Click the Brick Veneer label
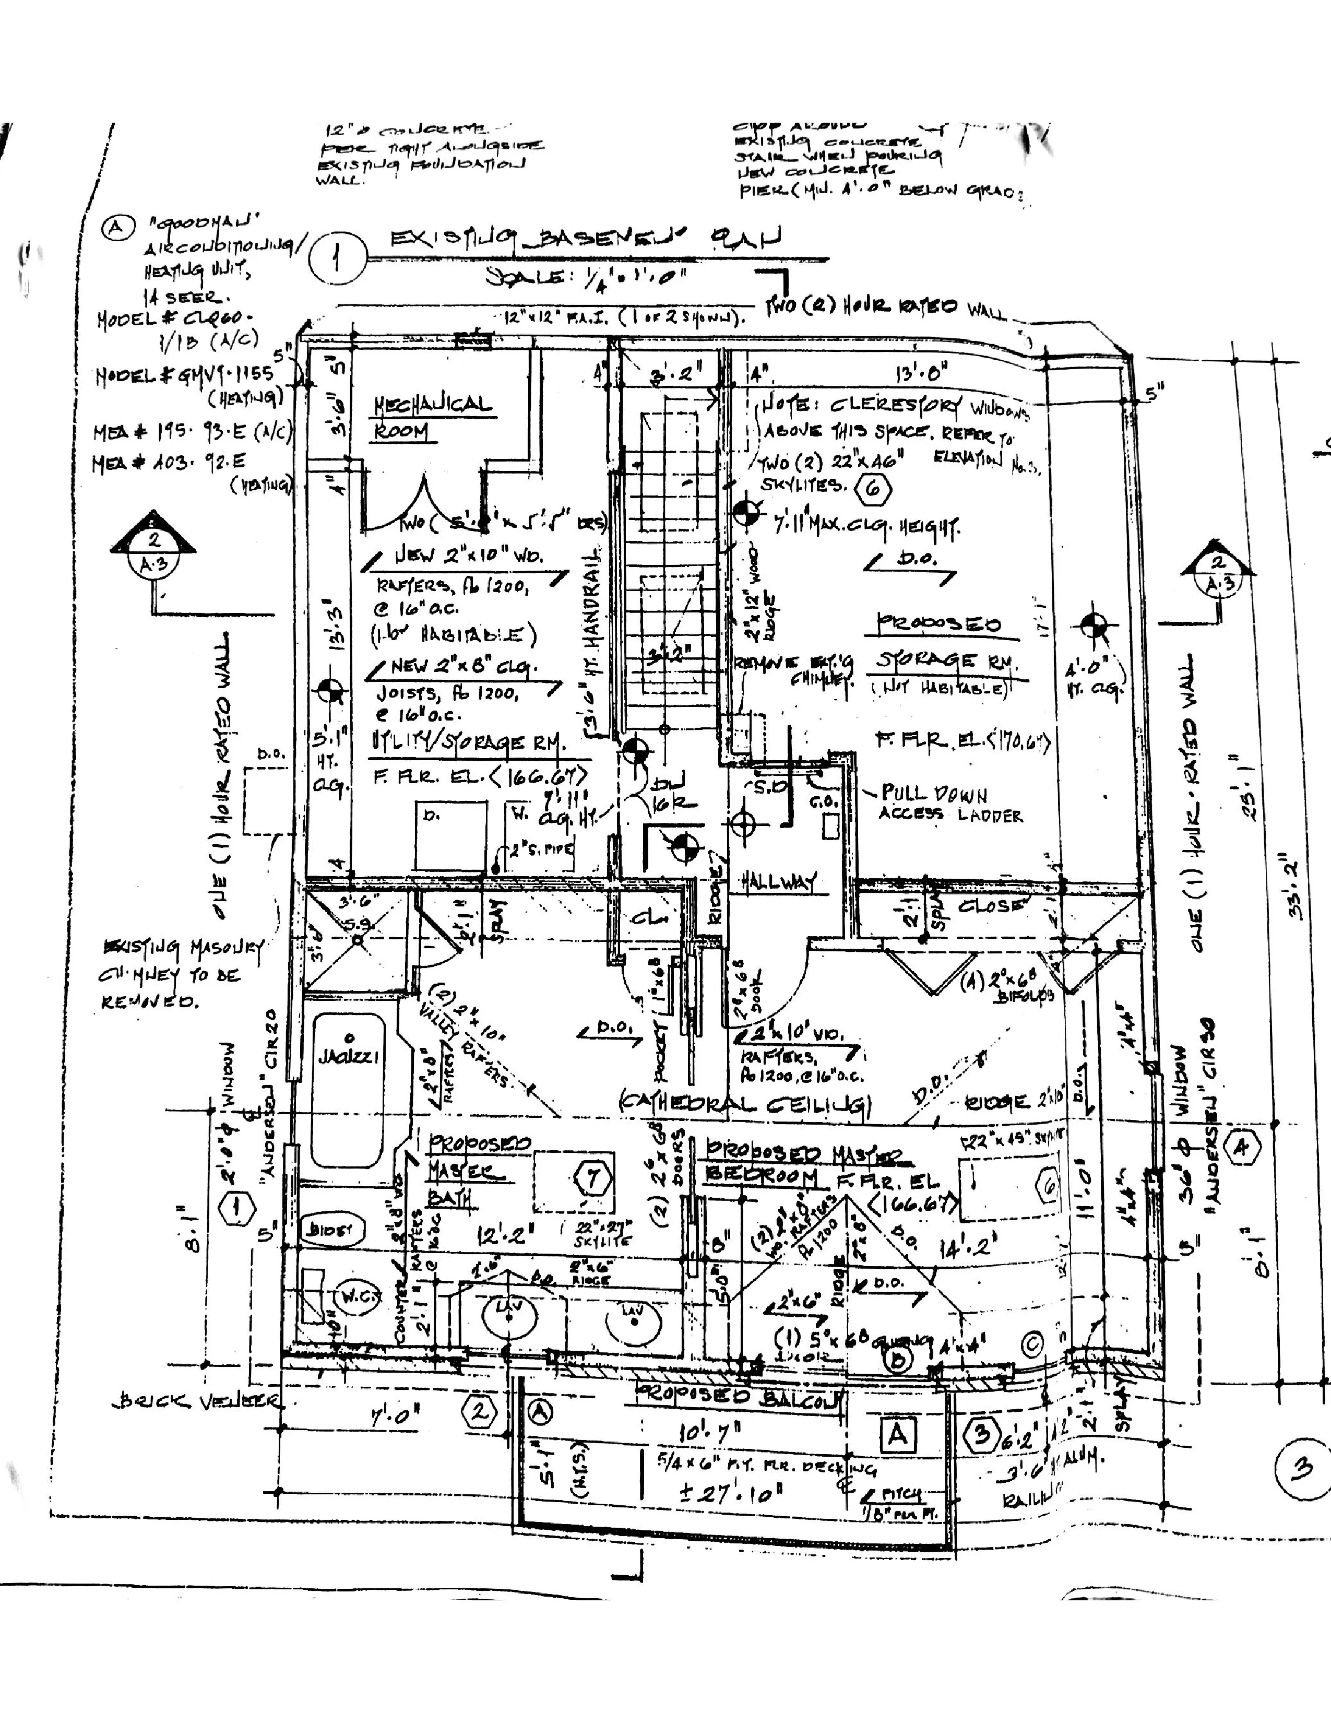click(x=197, y=1402)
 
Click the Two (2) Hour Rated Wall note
click(x=887, y=308)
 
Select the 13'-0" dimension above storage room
click(x=921, y=371)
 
